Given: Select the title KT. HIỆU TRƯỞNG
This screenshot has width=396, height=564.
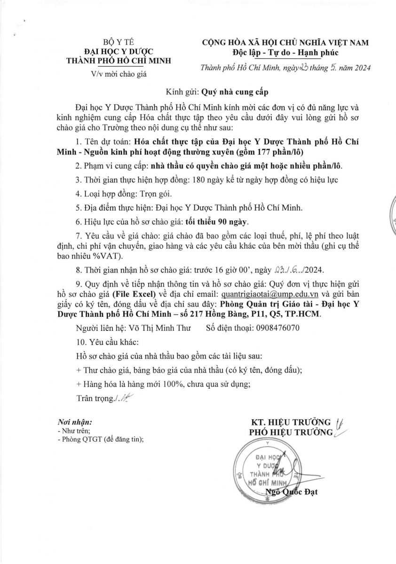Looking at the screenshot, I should coord(291,422).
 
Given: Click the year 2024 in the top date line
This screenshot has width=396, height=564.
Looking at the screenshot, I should coord(360,67).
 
